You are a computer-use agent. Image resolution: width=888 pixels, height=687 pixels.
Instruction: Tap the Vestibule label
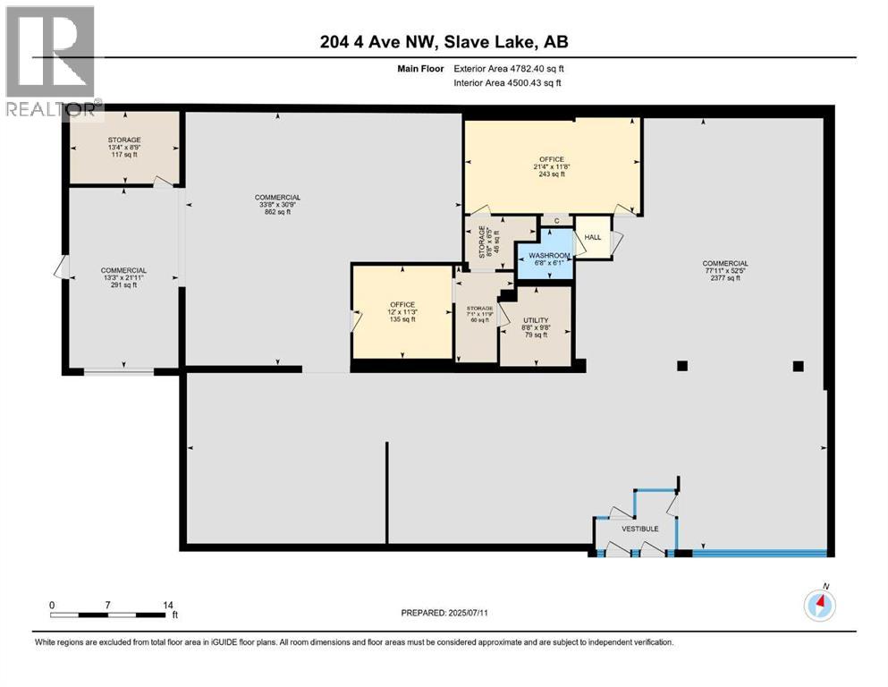640,529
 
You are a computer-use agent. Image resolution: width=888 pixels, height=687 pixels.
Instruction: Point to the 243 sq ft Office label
552,166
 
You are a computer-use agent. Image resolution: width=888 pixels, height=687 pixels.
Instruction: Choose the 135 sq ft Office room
402,311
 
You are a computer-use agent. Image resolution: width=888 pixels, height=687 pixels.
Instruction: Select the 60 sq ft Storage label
476,314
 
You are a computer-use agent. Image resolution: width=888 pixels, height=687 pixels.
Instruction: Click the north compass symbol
819,605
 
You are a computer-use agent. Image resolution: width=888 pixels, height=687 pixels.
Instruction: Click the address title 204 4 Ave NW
444,41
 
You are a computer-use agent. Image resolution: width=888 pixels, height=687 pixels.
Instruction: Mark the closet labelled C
556,220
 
